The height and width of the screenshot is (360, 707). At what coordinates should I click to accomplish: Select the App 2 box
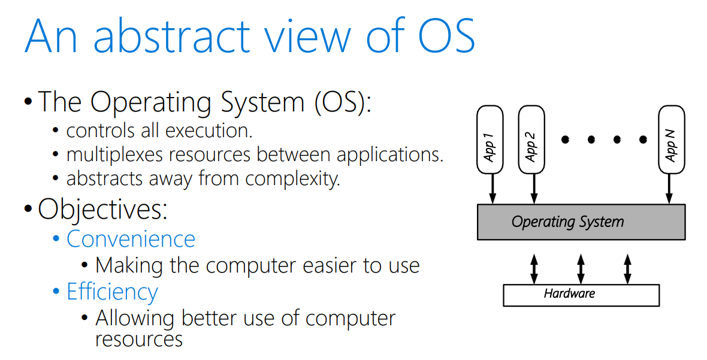[x=531, y=140]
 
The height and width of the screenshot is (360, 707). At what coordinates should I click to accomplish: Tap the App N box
[x=671, y=140]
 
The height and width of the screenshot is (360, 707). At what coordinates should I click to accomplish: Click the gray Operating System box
[x=581, y=222]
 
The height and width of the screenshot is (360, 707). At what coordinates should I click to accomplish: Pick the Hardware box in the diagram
[x=581, y=295]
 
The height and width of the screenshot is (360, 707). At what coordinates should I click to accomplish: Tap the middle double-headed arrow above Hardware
[x=581, y=268]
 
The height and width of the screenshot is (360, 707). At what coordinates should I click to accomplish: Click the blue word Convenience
[x=131, y=239]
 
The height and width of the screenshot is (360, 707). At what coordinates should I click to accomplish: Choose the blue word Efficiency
[x=112, y=292]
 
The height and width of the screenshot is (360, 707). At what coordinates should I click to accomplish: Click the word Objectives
[x=102, y=209]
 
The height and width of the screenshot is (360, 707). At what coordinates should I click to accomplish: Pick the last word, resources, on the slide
[x=138, y=339]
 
